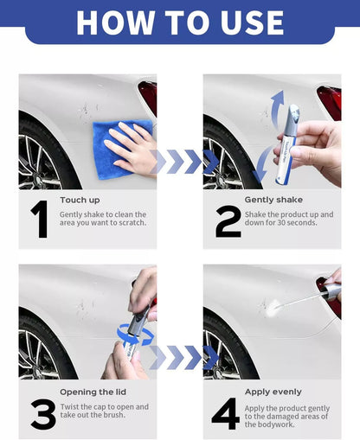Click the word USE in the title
point(247,22)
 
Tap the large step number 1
point(39,220)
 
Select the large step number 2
point(228,220)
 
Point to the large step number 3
point(42,413)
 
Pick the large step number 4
point(225,413)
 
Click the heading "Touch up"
point(80,200)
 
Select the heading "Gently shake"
point(273,200)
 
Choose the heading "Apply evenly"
point(273,392)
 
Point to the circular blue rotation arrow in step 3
point(138,334)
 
